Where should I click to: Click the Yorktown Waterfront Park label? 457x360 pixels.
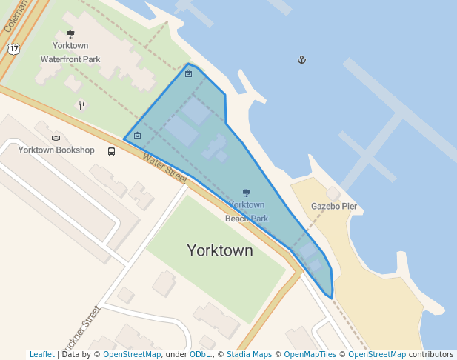pos(70,52)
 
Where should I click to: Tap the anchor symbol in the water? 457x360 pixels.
pos(301,59)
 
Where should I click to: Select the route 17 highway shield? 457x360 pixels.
pos(13,49)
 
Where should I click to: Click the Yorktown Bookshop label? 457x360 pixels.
pos(56,150)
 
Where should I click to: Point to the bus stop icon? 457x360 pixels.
pos(111,152)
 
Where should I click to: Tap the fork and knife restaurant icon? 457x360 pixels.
pos(81,105)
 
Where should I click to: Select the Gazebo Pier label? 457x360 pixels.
pos(334,206)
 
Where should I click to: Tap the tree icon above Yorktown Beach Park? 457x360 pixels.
pos(247,193)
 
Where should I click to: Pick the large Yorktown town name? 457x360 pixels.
pos(219,250)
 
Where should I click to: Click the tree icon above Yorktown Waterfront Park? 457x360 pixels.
pos(70,34)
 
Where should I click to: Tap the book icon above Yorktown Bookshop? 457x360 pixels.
pos(56,138)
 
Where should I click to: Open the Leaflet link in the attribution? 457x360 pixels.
pos(41,354)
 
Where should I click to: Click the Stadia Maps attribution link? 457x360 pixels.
pos(250,354)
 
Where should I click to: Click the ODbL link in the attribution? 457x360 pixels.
pos(201,354)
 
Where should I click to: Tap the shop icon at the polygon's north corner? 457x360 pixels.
pos(188,73)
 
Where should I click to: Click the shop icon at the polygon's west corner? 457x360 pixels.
pos(138,135)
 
